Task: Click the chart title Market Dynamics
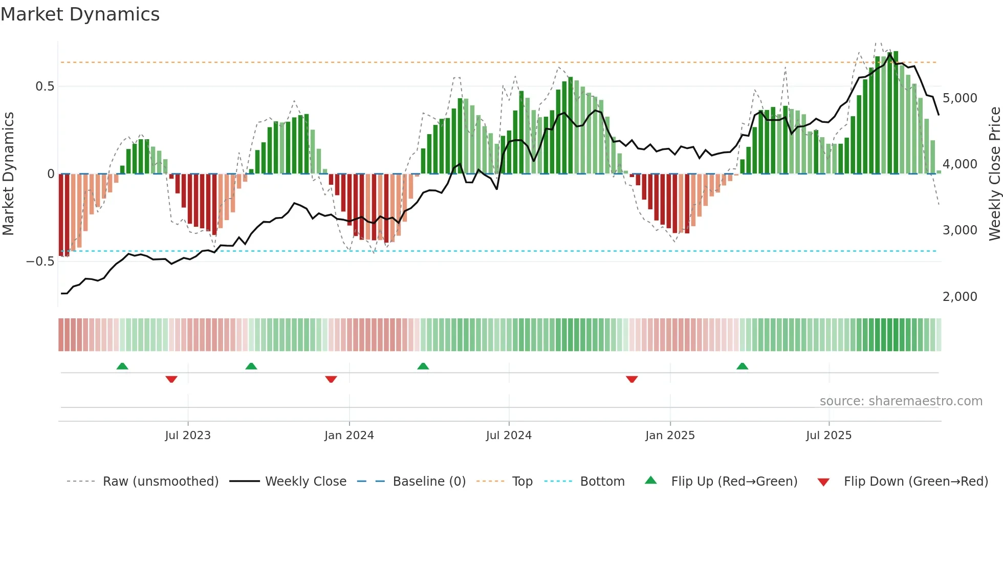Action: point(80,14)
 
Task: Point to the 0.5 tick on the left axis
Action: point(45,86)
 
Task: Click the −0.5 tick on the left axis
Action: point(40,262)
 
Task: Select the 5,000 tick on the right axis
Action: point(960,98)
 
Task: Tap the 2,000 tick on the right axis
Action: point(960,297)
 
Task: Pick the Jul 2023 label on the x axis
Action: point(187,436)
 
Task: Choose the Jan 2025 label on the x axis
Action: point(670,436)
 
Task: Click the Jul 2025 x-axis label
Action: point(828,436)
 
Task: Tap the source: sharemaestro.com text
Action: point(901,401)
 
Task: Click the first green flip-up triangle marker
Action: point(122,366)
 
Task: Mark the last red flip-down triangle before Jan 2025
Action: point(631,379)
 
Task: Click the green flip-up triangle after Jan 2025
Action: point(742,366)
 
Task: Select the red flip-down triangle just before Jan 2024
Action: point(331,379)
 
